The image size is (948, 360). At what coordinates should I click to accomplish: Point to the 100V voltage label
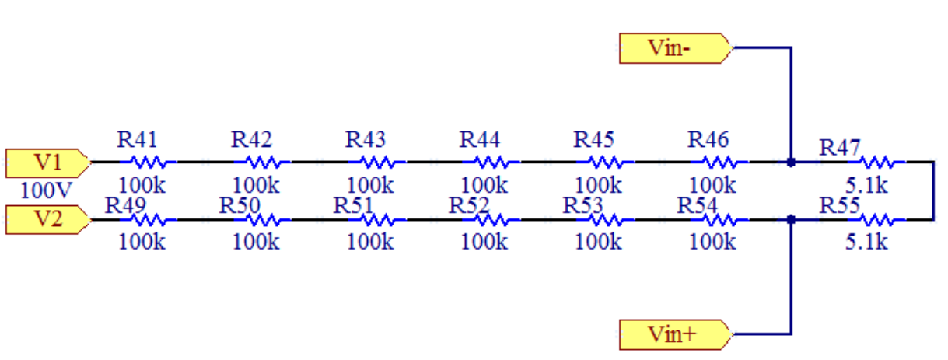tap(47, 189)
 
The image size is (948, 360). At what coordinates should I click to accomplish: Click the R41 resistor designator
tap(137, 140)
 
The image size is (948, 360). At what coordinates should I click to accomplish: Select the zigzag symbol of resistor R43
tap(380, 163)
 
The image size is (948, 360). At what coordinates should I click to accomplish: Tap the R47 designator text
tap(839, 147)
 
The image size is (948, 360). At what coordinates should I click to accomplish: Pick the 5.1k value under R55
tap(866, 242)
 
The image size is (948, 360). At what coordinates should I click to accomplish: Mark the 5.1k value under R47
tap(866, 186)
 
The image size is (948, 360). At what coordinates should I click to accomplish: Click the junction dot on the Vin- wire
tap(790, 163)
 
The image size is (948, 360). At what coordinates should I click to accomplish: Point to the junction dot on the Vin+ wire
tap(790, 220)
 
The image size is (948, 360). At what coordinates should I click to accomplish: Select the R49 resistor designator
tap(124, 205)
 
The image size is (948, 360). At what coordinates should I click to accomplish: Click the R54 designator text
tap(698, 205)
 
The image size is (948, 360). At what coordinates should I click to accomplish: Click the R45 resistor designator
tap(594, 140)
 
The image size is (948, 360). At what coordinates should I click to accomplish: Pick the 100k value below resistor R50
tap(256, 242)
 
